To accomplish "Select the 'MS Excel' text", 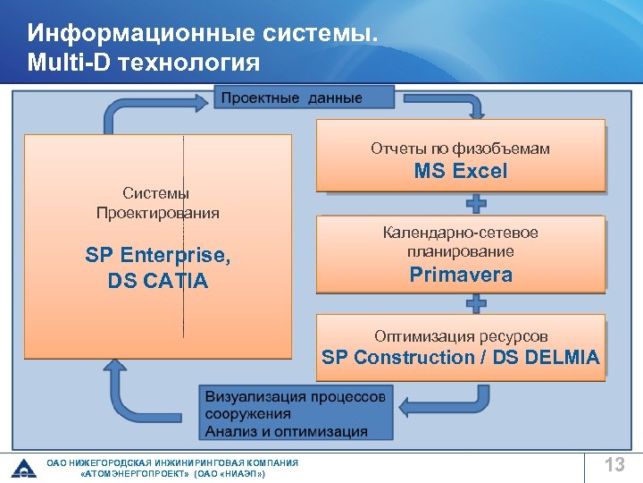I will (460, 172).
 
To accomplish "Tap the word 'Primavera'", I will (461, 275).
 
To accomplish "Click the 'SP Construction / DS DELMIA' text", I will (460, 358).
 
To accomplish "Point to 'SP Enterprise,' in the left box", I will (158, 256).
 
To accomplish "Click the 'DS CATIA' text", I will (158, 281).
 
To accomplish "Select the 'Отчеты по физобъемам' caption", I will (460, 148).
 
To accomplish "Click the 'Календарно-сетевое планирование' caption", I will (460, 242).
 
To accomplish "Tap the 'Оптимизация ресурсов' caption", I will (461, 336).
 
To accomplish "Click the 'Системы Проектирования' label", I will (157, 203).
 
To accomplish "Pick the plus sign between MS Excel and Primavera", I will (477, 200).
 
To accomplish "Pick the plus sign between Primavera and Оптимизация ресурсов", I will (477, 303).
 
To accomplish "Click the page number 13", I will (614, 465).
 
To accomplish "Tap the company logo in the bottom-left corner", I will (23, 468).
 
